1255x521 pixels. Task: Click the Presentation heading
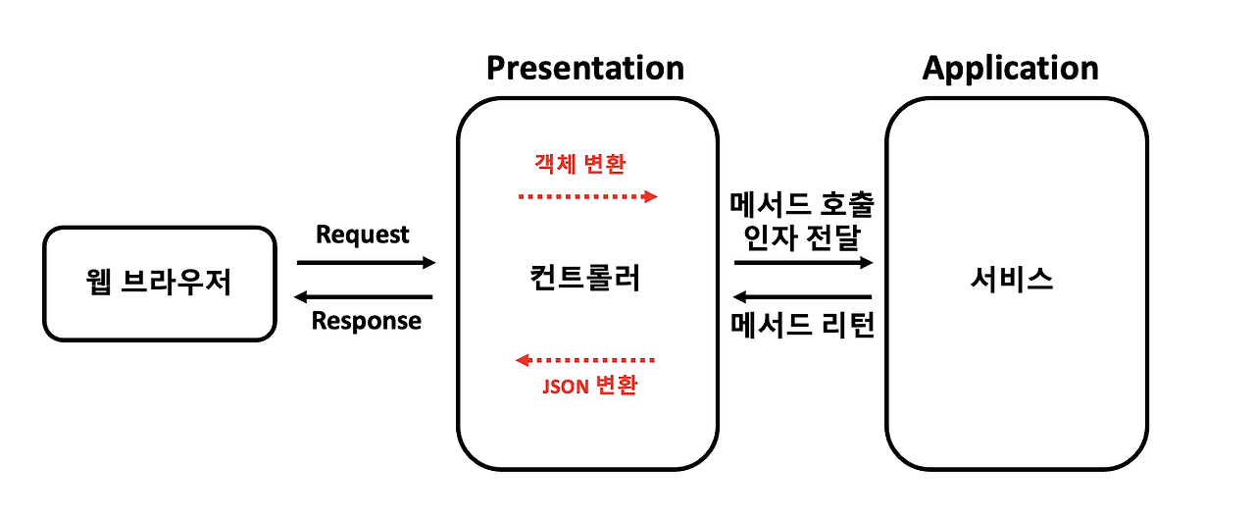pyautogui.click(x=585, y=68)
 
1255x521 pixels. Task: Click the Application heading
pyautogui.click(x=1011, y=68)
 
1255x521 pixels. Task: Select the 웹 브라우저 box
pyautogui.click(x=159, y=284)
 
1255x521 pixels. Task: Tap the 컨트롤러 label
pyautogui.click(x=583, y=279)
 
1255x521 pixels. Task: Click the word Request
pyautogui.click(x=363, y=234)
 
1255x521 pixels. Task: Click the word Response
pyautogui.click(x=367, y=321)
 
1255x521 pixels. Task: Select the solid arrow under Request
pyautogui.click(x=366, y=262)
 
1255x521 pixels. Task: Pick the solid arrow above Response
pyautogui.click(x=364, y=296)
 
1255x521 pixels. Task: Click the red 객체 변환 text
pyautogui.click(x=580, y=165)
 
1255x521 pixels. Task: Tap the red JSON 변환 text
pyautogui.click(x=589, y=386)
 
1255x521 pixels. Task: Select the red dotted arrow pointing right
pyautogui.click(x=587, y=196)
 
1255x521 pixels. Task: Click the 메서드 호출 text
pyautogui.click(x=802, y=205)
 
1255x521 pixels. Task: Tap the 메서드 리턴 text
pyautogui.click(x=802, y=325)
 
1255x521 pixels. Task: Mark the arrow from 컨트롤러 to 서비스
pyautogui.click(x=803, y=262)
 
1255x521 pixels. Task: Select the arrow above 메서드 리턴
pyautogui.click(x=803, y=296)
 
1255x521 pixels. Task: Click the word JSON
pyautogui.click(x=566, y=386)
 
